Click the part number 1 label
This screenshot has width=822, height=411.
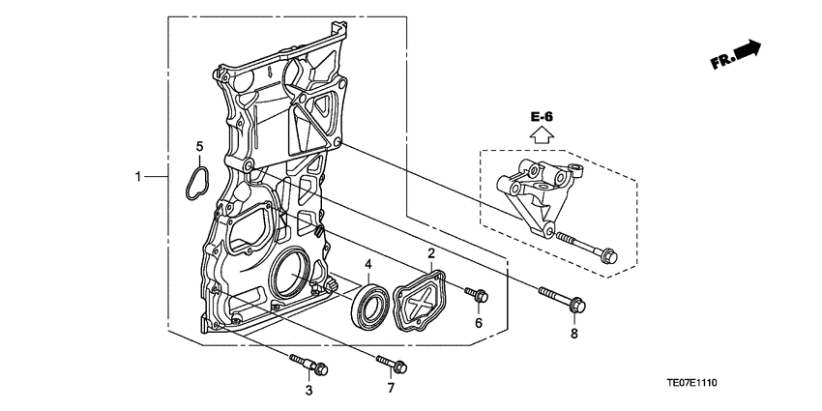[x=139, y=177]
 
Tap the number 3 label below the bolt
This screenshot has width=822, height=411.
[x=308, y=391]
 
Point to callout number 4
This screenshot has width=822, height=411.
[x=368, y=263]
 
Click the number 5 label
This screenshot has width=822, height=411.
[x=199, y=147]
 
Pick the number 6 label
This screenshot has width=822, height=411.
[x=478, y=323]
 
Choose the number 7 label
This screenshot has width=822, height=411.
[x=391, y=388]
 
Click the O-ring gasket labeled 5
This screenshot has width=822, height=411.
[x=197, y=182]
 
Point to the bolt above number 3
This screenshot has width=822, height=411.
[x=309, y=366]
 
